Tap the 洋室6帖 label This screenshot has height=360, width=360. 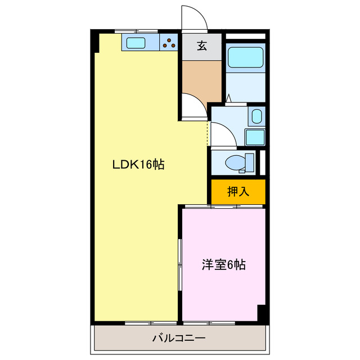224,264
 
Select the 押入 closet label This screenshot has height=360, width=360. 238,192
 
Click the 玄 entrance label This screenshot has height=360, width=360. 201,47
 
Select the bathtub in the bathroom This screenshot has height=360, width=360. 245,57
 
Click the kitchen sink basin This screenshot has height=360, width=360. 136,43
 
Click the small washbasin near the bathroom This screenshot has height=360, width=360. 256,118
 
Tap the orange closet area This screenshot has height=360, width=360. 238,192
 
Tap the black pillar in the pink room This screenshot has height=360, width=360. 261,313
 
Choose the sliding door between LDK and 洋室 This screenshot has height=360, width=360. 180,264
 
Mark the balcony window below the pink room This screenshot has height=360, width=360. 209,323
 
